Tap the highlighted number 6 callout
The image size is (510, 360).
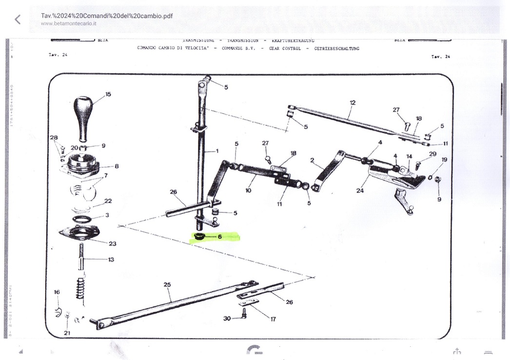(x=219, y=237)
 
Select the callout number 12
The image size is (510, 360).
(x=353, y=103)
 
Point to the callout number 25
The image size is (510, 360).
(x=167, y=284)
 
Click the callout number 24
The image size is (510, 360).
(x=360, y=190)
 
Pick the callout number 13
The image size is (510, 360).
(x=111, y=260)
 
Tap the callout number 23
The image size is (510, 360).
(x=112, y=243)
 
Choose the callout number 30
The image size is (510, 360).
(x=227, y=319)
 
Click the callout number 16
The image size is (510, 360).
(x=57, y=292)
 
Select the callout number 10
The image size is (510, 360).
(x=248, y=190)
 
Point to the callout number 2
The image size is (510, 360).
(x=312, y=160)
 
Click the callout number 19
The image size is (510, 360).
(x=444, y=160)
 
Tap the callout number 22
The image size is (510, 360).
(x=108, y=201)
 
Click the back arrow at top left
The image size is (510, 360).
(x=18, y=20)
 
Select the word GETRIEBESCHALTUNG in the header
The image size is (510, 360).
(x=337, y=49)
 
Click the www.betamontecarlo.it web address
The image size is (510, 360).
(x=69, y=23)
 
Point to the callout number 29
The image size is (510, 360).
(x=432, y=155)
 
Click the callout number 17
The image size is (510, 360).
(x=273, y=319)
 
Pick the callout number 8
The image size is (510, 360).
(x=117, y=166)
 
